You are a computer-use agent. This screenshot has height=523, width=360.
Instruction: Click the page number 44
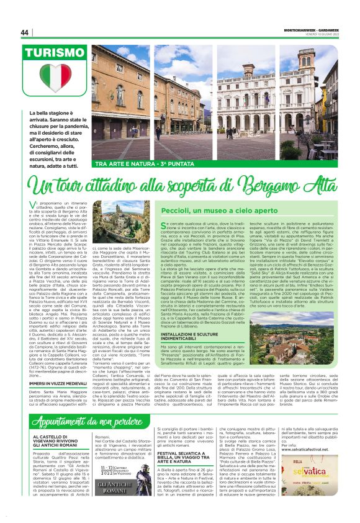(x=24, y=32)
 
